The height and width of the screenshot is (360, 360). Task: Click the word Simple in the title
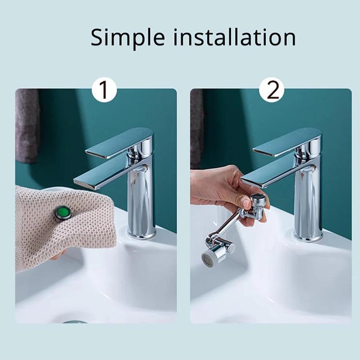(128, 37)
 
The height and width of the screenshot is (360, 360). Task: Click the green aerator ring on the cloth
(63, 213)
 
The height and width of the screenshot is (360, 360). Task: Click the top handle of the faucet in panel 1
(119, 142)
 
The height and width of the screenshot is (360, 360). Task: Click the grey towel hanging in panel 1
(27, 126)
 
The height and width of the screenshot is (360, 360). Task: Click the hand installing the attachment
(219, 187)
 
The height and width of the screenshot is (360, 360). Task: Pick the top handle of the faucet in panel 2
(286, 142)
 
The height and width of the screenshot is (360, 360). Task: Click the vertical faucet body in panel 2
(308, 201)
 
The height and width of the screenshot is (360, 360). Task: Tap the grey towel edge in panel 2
(197, 126)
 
